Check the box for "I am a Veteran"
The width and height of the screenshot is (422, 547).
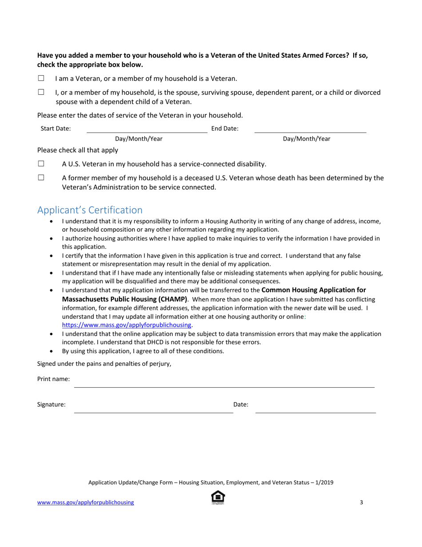pos(41,78)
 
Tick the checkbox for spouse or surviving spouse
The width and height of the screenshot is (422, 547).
pos(41,93)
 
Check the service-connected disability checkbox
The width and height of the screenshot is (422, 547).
pos(41,164)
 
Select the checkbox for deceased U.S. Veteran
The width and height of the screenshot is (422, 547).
pos(41,178)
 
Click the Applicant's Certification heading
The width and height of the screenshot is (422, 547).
pos(90,210)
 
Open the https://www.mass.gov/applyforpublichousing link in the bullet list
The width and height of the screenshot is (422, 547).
pos(127,325)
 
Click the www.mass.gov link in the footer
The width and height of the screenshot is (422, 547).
pos(85,503)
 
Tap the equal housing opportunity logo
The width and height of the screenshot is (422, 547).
pos(218,498)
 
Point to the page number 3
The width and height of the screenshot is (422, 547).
pos(362,503)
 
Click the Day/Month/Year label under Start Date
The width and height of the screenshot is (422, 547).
pos(139,139)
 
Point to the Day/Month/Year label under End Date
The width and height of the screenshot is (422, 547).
pos(307,139)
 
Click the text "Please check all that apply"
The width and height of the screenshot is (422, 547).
pos(78,150)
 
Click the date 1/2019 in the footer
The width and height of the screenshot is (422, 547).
pos(324,482)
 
